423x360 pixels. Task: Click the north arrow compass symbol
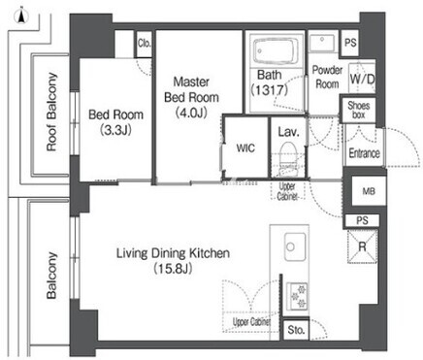pos(21,16)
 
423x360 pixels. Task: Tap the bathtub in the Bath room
pos(276,51)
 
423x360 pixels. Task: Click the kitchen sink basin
pos(295,246)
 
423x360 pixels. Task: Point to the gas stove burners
pos(297,296)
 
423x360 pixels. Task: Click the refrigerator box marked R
pos(362,246)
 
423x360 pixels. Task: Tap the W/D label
pos(363,79)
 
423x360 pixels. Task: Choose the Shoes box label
pos(359,110)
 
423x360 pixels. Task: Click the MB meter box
pos(369,191)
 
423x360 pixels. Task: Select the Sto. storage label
pos(296,330)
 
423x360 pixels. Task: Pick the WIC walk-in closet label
pos(245,148)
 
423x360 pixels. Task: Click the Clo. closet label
pos(145,44)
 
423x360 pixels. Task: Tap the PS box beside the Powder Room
pos(350,43)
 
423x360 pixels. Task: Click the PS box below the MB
pos(362,220)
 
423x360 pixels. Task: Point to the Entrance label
pos(364,153)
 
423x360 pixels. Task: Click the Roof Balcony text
pos(51,112)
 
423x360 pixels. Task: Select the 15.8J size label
pos(173,268)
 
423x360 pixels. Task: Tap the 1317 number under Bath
pos(270,89)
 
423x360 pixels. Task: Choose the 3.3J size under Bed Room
pos(115,130)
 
